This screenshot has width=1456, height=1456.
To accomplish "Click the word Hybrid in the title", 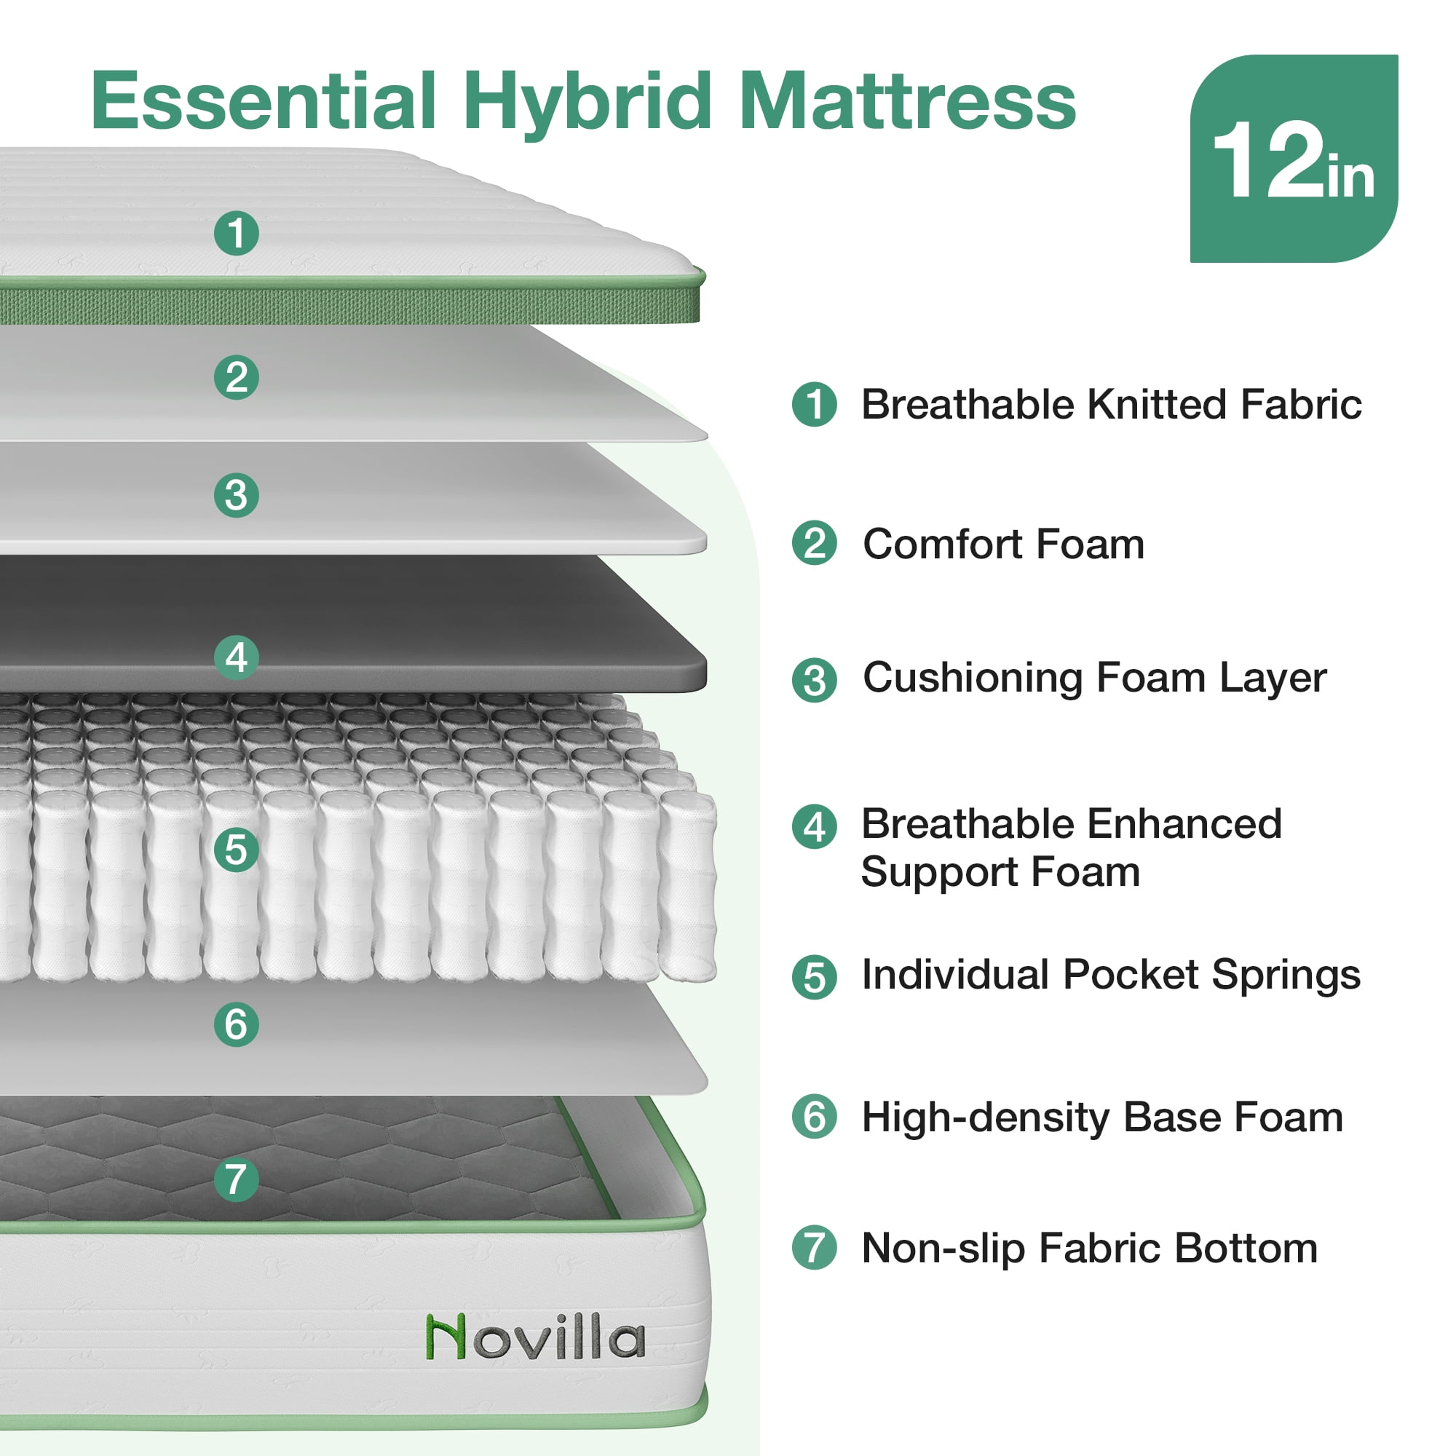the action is [x=587, y=103].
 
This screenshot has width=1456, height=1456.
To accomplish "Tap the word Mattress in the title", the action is [x=907, y=101].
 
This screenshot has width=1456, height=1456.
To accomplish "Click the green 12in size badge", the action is [x=1293, y=158].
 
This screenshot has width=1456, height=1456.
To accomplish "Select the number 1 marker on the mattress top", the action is [x=237, y=233].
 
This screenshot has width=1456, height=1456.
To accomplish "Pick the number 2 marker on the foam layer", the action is [x=237, y=377].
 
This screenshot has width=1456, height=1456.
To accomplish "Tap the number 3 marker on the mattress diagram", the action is [x=237, y=495].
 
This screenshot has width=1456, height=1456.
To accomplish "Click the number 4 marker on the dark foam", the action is [x=237, y=657].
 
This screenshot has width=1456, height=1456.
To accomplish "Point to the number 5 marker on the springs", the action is [x=237, y=850].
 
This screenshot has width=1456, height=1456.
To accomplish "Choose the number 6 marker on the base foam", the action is [x=237, y=1024].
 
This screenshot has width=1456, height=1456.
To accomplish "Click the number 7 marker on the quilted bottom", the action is [x=237, y=1179].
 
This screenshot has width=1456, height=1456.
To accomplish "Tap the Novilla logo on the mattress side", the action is [x=536, y=1337].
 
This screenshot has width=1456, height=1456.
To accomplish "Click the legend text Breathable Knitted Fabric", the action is [x=1112, y=405].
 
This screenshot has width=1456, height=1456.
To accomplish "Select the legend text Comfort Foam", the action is [x=1004, y=543].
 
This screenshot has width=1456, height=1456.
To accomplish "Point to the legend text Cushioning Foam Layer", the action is [x=1095, y=678].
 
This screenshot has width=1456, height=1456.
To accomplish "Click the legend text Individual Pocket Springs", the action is [x=1112, y=976].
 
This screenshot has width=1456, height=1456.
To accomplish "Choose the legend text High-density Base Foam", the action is [x=1102, y=1117].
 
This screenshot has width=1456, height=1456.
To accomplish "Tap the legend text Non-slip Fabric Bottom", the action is [x=1090, y=1249].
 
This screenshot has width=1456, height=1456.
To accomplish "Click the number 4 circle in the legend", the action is [x=815, y=827].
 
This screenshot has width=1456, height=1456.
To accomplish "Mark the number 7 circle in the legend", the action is [x=815, y=1248].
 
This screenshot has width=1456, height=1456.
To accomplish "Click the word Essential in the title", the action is [x=264, y=101].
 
